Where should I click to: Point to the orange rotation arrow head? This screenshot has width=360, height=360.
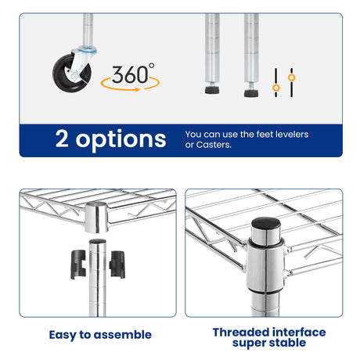pos(138,90)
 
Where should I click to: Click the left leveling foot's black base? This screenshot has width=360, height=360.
pos(212,90)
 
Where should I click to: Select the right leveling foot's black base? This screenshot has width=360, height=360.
pos(251,93)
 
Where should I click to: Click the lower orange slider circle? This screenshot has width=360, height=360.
pos(276,88)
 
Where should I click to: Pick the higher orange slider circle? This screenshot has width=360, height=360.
pos(292,77)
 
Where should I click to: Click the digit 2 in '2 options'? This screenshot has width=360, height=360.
pos(62,139)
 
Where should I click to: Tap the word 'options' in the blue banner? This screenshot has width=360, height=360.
pos(121,140)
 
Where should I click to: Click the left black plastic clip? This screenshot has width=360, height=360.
pos(78,265)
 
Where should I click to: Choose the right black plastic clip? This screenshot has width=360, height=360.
pos(117,265)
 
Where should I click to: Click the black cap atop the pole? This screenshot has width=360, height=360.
pos(266,223)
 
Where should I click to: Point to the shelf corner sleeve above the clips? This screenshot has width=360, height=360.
pos(96,218)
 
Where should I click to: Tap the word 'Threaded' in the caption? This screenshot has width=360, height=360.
pos(241,333)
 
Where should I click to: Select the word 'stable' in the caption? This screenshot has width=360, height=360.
pos(289,343)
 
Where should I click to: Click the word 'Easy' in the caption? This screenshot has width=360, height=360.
pos(63,335)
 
